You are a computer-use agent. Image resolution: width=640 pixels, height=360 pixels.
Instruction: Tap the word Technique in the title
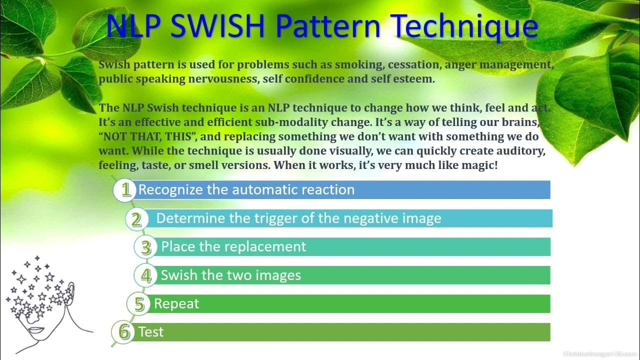pyautogui.click(x=465, y=27)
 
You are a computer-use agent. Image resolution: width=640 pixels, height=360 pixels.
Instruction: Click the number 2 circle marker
pyautogui.click(x=136, y=219)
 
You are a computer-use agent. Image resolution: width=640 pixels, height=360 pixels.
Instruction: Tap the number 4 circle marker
pyautogui.click(x=145, y=275)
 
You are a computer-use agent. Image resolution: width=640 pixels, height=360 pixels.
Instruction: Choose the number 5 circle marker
pyautogui.click(x=138, y=304)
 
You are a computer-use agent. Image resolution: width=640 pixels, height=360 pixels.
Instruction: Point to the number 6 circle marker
pyautogui.click(x=123, y=332)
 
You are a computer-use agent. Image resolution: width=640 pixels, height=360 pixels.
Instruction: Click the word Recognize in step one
pyautogui.click(x=170, y=190)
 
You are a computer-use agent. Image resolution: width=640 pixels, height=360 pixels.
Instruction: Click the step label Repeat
pyautogui.click(x=176, y=304)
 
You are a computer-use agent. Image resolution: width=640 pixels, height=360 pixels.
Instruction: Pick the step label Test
pyautogui.click(x=150, y=332)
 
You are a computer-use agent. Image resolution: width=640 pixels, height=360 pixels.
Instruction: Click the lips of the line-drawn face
pyautogui.click(x=36, y=330)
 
